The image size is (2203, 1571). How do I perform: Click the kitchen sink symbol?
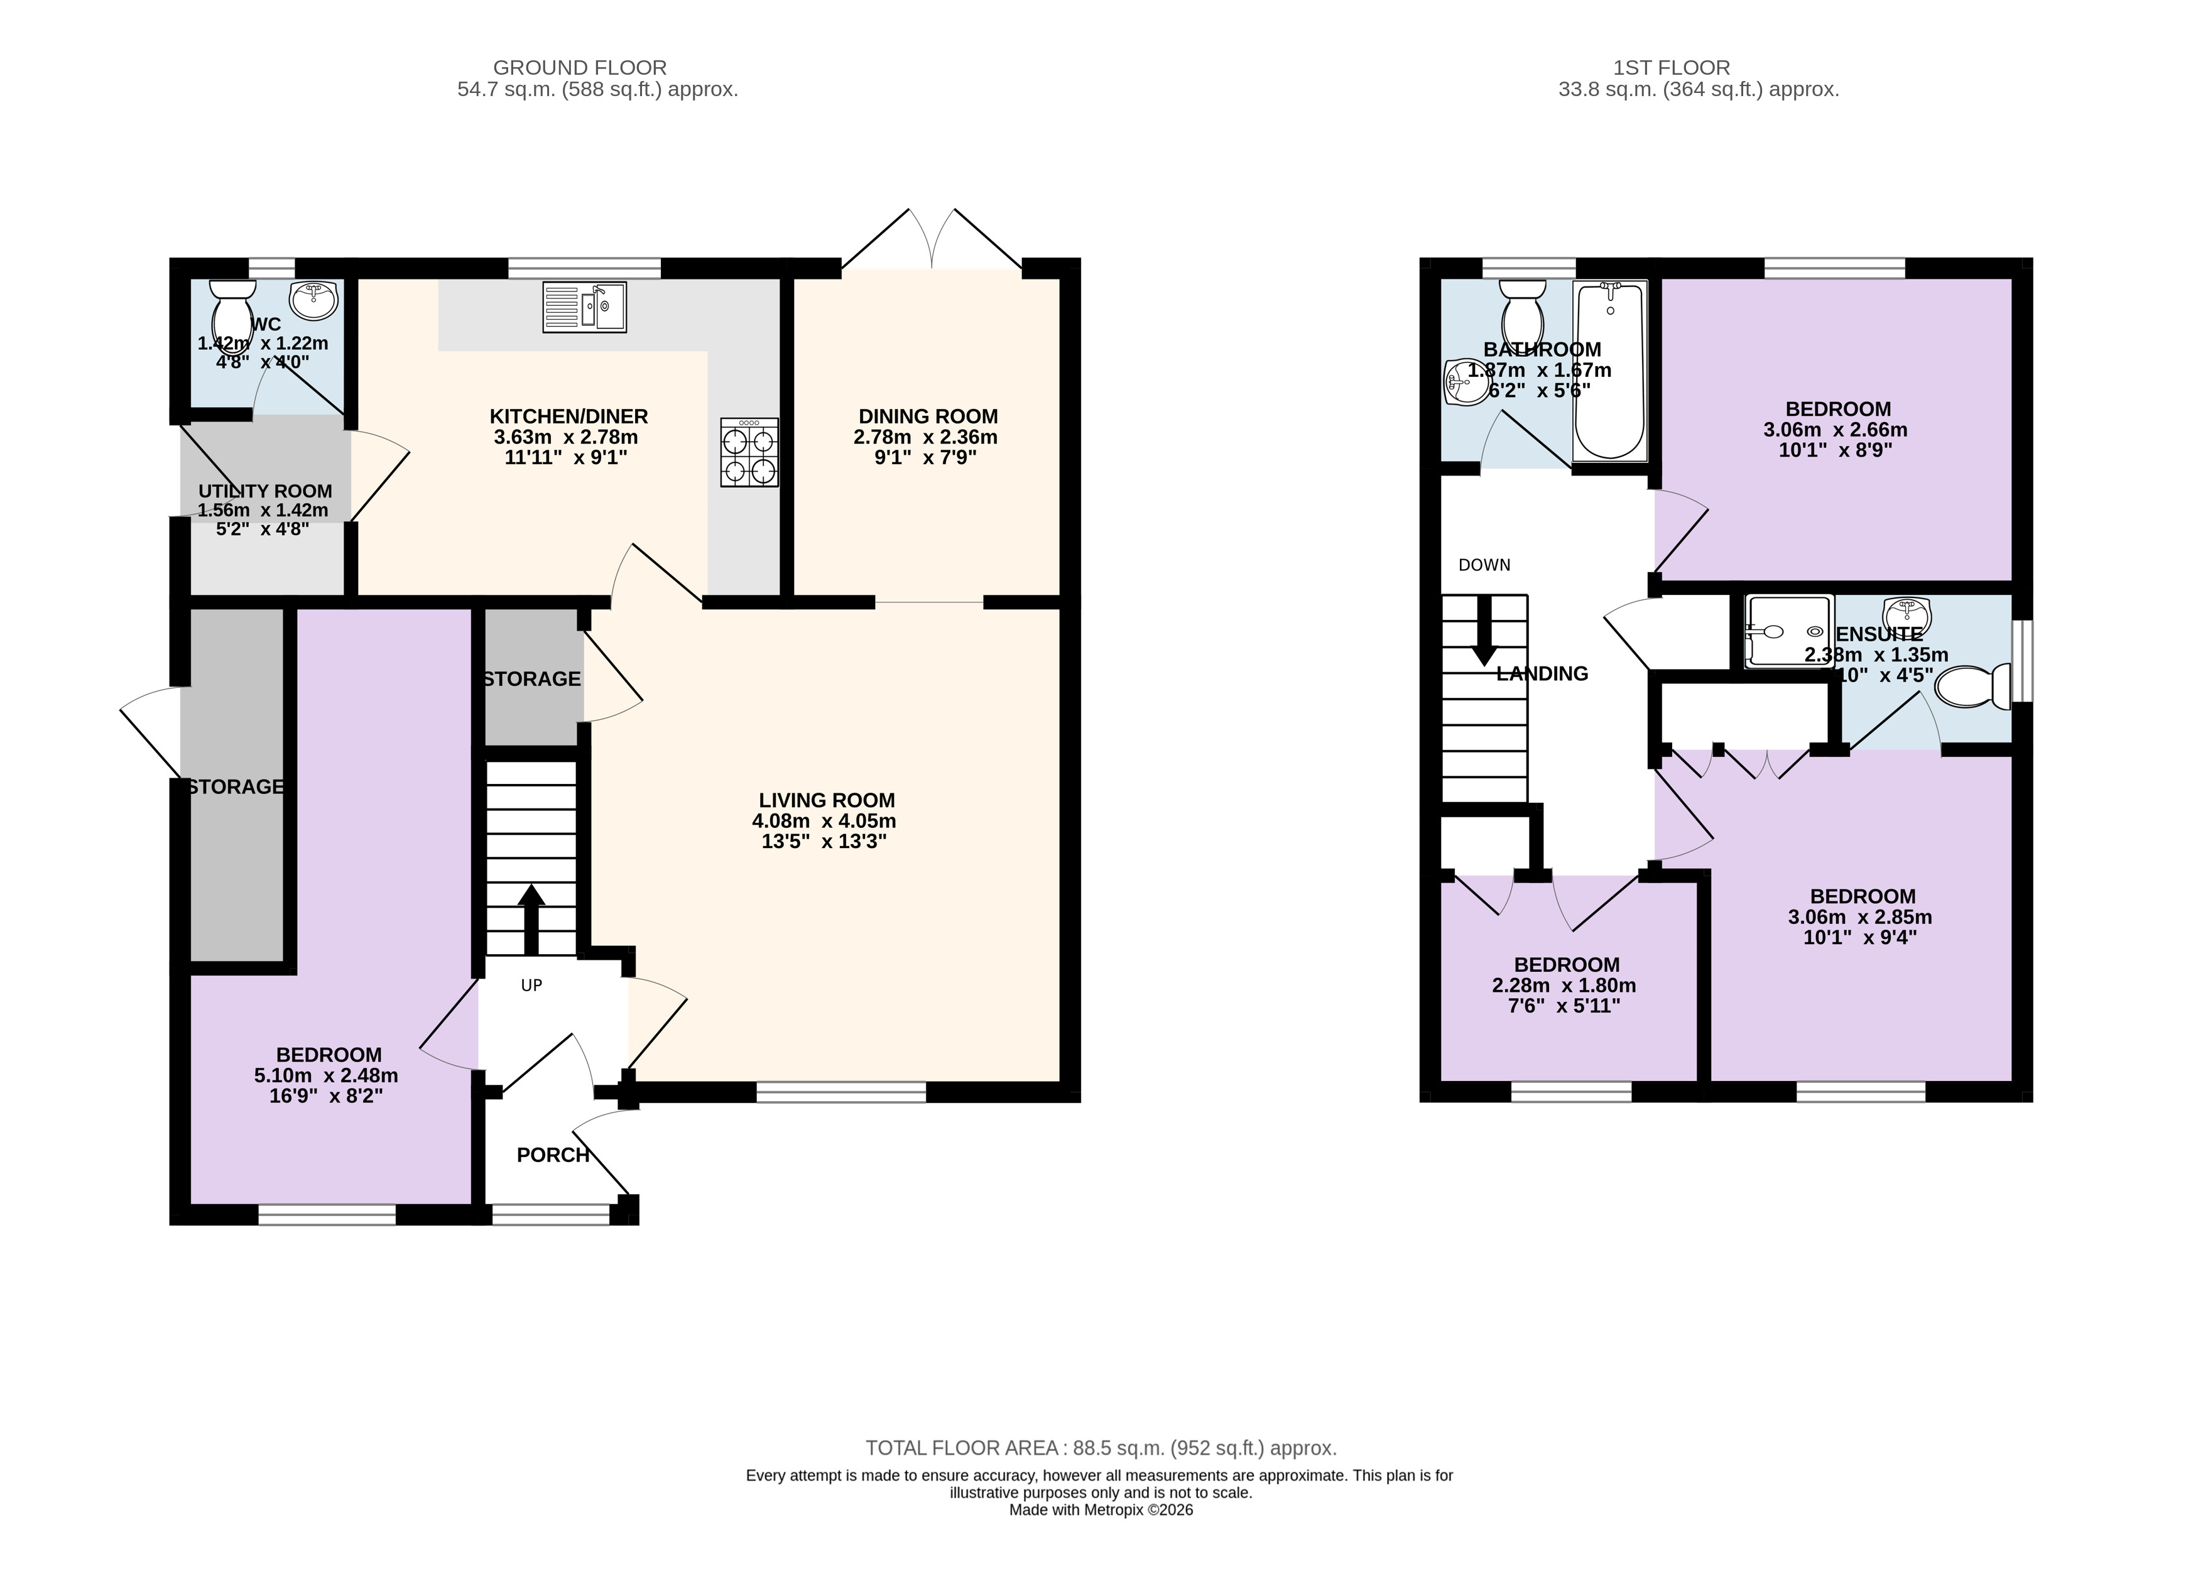pos(584,307)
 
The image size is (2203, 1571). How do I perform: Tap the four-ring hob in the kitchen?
pos(749,452)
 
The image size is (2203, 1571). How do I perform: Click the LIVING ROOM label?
pos(826,800)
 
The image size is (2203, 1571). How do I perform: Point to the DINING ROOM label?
pos(928,416)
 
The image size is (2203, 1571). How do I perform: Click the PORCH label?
pos(552,1155)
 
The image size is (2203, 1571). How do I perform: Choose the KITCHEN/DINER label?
pos(569,416)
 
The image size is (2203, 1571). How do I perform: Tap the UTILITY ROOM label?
pos(265,491)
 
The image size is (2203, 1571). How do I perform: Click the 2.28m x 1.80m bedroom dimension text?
pos(1564,986)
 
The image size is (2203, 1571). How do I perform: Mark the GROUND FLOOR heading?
pos(580,68)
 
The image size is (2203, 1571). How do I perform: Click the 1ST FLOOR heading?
pos(1672,68)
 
